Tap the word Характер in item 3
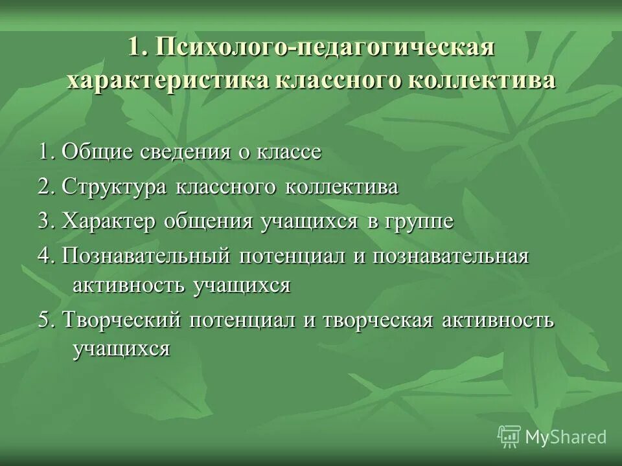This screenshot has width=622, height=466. tap(110, 221)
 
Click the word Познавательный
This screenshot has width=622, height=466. tap(146, 256)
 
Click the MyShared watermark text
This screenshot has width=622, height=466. tap(566, 437)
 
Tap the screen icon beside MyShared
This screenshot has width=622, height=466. tap(509, 437)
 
